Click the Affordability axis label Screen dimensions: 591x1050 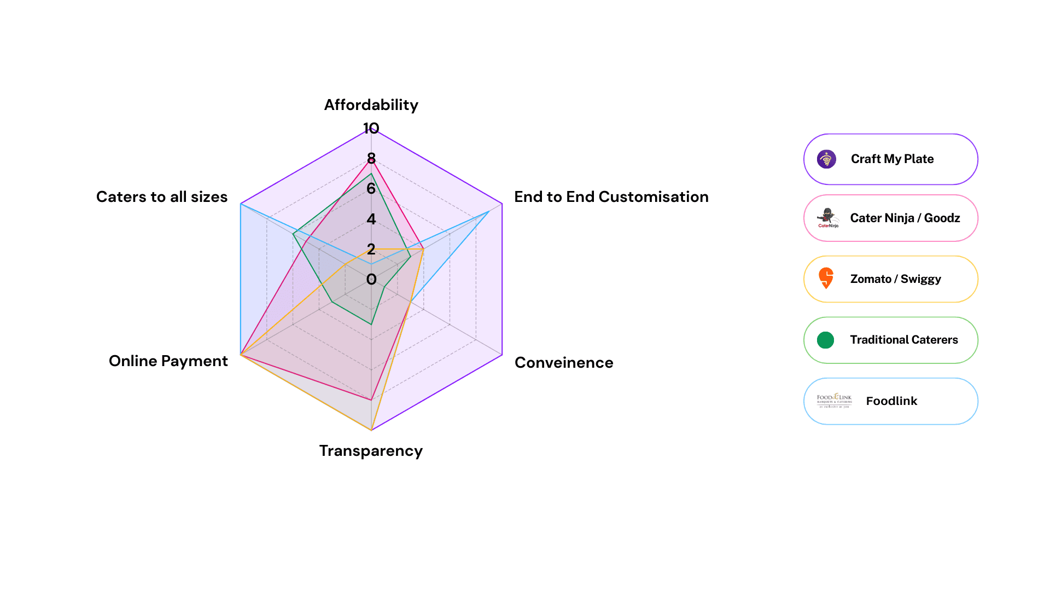tap(371, 105)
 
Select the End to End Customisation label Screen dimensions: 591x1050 tap(611, 196)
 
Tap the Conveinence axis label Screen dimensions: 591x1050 tap(564, 362)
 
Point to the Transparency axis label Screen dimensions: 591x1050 tap(371, 450)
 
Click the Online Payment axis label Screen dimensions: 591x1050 tap(168, 361)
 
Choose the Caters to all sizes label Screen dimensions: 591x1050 tap(162, 196)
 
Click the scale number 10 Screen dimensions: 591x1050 tap(371, 129)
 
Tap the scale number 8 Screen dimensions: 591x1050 tap(371, 159)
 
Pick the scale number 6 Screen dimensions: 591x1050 tap(371, 189)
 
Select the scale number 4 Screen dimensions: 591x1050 tap(371, 219)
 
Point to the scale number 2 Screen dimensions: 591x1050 tap(371, 249)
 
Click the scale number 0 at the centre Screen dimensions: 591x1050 tap(371, 279)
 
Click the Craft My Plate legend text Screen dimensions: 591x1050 tap(892, 159)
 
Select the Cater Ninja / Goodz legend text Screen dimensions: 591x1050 tap(905, 218)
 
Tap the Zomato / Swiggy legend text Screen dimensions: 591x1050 tap(895, 279)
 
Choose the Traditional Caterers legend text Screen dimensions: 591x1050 tap(903, 339)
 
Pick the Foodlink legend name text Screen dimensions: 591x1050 tap(891, 401)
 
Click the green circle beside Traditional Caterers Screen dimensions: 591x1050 tap(825, 340)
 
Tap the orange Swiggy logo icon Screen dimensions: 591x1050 tap(826, 278)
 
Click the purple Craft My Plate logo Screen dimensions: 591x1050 tap(826, 159)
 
